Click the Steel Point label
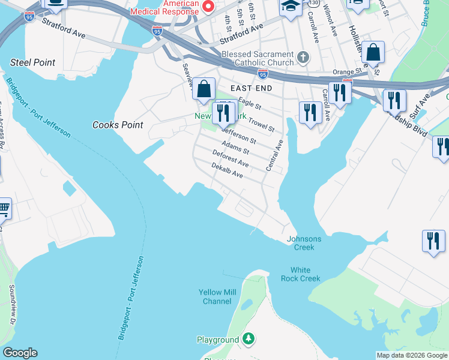32,62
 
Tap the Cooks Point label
118,125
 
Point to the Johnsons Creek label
304,243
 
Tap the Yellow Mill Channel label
217,296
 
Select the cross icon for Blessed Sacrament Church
304,58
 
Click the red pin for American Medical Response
208,7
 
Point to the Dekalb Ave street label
227,171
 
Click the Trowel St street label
261,124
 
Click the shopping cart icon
3,209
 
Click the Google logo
20,353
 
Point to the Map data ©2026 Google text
412,355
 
